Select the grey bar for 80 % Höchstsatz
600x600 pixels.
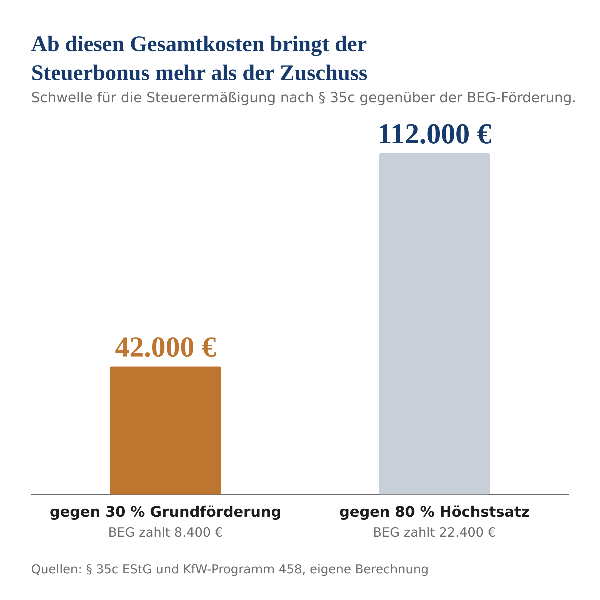pos(434,324)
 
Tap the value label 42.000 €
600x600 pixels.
pos(166,348)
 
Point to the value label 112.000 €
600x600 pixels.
pos(434,134)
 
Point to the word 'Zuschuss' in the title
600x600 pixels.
pos(324,74)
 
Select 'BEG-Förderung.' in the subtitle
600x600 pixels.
pos(521,98)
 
